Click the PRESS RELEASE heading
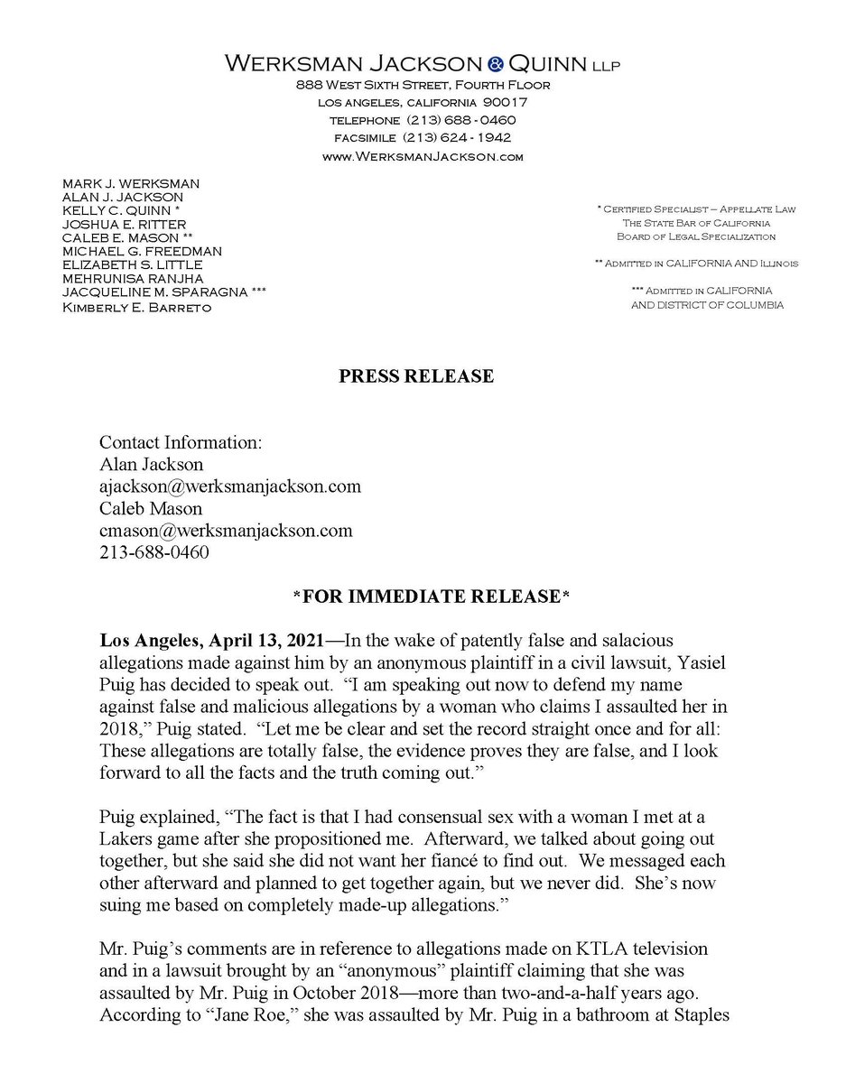pyautogui.click(x=416, y=376)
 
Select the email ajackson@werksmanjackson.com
pyautogui.click(x=230, y=486)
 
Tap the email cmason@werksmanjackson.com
pyautogui.click(x=226, y=530)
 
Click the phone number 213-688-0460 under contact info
pyautogui.click(x=154, y=552)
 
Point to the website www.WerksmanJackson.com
pyautogui.click(x=423, y=156)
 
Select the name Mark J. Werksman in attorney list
pyautogui.click(x=131, y=183)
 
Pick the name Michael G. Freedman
pyautogui.click(x=142, y=250)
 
